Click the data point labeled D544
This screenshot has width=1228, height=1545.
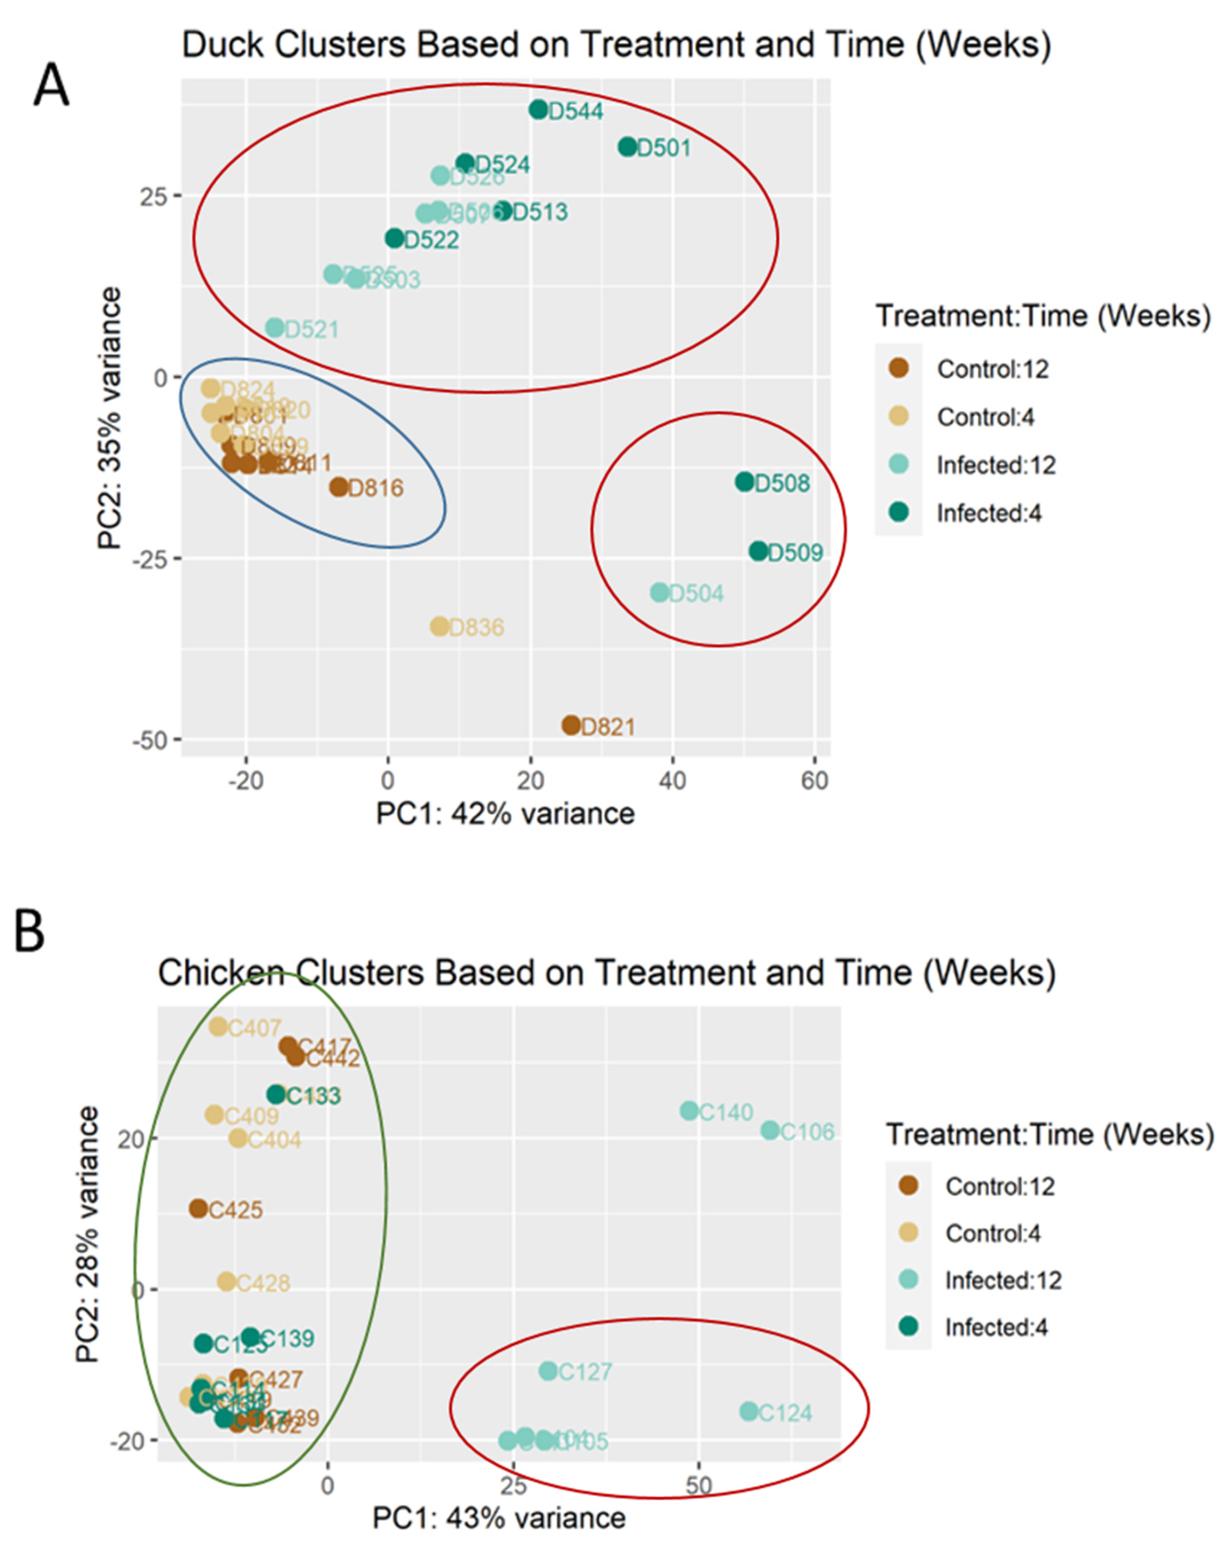coord(538,110)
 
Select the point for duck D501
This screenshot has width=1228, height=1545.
coord(628,147)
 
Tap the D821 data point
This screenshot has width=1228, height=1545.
coord(571,725)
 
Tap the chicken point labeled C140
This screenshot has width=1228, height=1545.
coord(689,1111)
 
